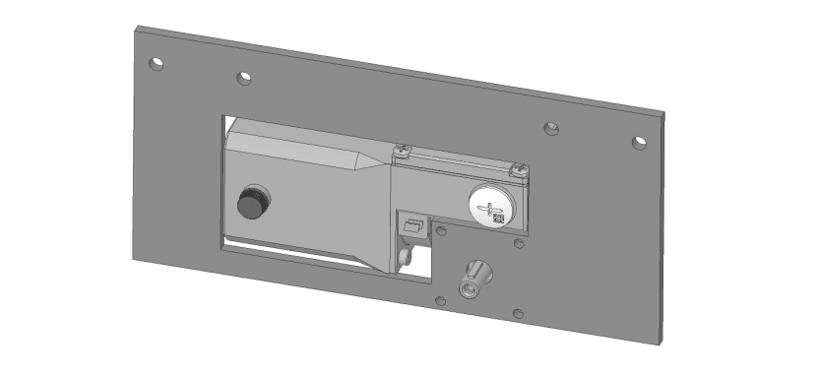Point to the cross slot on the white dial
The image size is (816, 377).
[x=485, y=209]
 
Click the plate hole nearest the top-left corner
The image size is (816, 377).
[x=156, y=65]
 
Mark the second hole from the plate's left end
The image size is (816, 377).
[x=243, y=77]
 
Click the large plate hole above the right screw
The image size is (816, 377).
[x=552, y=128]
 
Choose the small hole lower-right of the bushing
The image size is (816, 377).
[x=519, y=315]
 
